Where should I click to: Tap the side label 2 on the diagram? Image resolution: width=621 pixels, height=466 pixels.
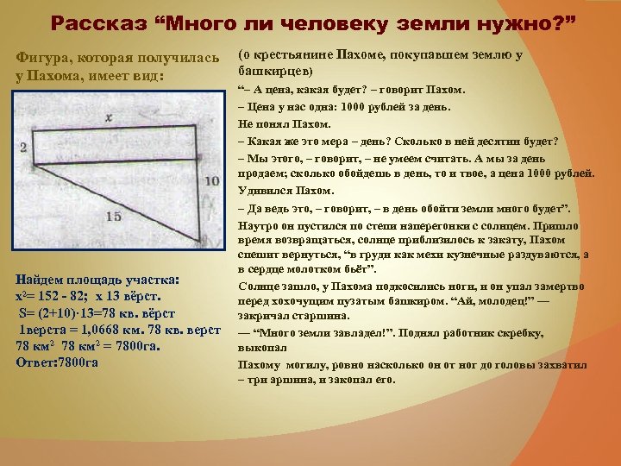[x=22, y=148]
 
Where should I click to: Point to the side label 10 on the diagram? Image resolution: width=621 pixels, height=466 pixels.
[x=213, y=180]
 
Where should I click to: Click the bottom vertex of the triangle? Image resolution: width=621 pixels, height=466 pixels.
[x=204, y=242]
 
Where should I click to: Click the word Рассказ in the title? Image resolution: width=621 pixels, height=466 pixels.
[x=95, y=22]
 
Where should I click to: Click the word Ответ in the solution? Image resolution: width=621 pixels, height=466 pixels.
[x=34, y=362]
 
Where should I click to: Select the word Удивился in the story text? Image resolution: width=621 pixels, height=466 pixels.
[x=262, y=189]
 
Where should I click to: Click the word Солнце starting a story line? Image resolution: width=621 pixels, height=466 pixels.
[x=260, y=285]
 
